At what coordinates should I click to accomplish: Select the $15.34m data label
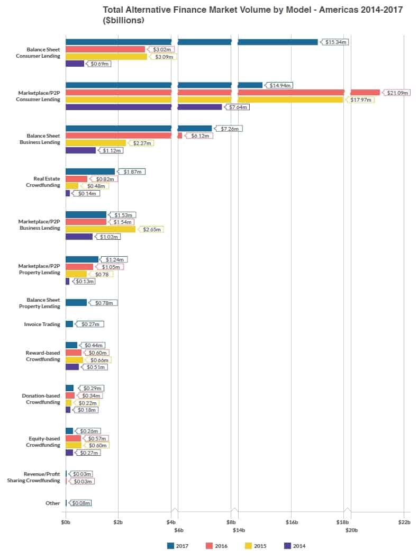tap(336, 42)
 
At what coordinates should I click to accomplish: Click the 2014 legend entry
tap(295, 546)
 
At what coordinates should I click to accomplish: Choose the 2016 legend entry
tap(217, 546)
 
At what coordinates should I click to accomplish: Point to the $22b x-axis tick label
tap(404, 521)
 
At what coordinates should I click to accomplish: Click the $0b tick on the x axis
tap(66, 521)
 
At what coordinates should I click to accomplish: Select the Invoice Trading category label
tap(42, 324)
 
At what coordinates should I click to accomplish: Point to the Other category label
tap(53, 503)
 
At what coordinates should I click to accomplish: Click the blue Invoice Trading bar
tap(69, 324)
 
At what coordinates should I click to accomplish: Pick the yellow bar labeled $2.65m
tap(101, 229)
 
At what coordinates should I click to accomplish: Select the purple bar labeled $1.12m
tap(80, 150)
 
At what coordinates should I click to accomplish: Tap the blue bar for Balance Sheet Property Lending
tap(76, 303)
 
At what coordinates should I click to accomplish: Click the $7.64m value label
tap(238, 107)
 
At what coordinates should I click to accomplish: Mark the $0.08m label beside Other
tap(81, 503)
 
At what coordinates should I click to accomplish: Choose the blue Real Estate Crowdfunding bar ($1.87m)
tap(90, 172)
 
